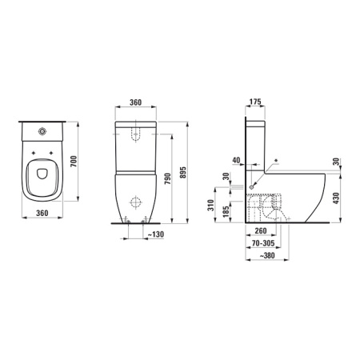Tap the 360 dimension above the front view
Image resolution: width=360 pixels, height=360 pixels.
pyautogui.click(x=135, y=103)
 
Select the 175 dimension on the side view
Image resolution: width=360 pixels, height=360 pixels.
pyautogui.click(x=255, y=103)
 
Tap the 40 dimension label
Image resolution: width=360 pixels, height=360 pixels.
pyautogui.click(x=235, y=160)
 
